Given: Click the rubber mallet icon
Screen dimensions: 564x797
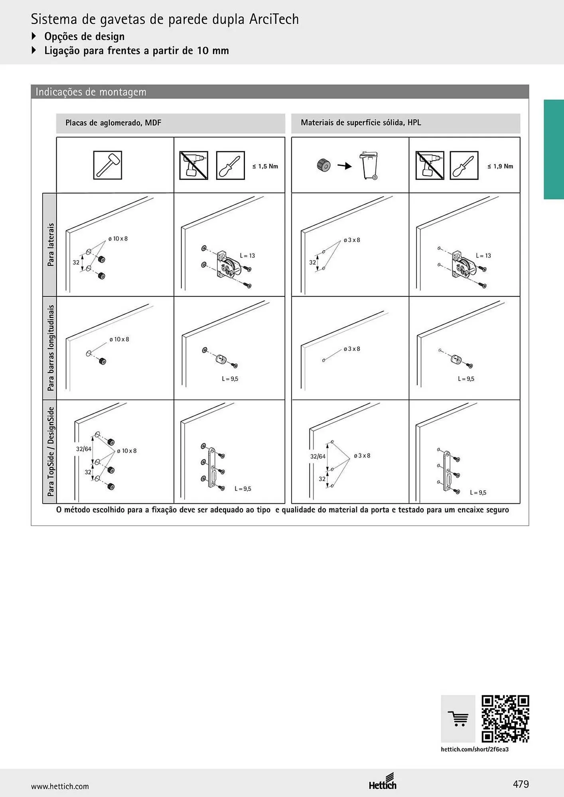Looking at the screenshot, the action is (107, 165).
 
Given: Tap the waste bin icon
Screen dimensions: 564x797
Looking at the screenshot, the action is (369, 165).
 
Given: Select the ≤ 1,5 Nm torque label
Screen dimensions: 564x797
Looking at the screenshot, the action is (265, 166).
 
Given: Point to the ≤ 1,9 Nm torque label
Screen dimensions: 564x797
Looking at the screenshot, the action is (500, 166).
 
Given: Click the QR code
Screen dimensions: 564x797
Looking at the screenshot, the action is (505, 719).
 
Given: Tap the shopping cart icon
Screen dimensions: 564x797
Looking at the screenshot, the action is (458, 719).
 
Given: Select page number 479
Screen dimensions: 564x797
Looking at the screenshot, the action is (521, 784).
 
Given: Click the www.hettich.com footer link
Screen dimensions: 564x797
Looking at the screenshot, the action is (60, 786).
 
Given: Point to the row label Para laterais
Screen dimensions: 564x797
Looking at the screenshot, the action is (51, 245).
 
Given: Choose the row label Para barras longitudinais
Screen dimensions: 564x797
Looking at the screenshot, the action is (51, 348).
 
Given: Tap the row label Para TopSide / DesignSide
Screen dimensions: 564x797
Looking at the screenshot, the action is (51, 452).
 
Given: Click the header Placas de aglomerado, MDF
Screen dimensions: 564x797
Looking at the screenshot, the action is (113, 123).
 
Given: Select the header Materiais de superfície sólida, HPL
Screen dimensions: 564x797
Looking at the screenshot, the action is (361, 123).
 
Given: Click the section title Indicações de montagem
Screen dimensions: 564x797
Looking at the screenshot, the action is (91, 92).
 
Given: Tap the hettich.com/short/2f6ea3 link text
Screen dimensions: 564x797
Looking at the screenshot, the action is (475, 749).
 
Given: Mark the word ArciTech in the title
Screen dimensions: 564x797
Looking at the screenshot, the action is (274, 19).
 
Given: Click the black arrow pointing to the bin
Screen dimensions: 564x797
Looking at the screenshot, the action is (345, 166).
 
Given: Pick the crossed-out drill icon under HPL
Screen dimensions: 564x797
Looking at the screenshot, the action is (430, 165).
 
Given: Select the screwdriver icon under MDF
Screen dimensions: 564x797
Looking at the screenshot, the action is (230, 165).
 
